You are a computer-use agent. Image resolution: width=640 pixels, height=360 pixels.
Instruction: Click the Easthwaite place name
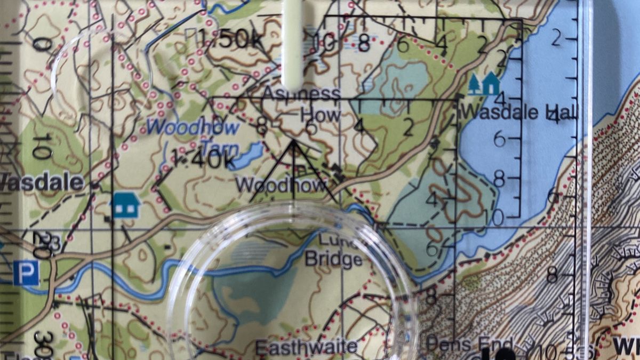click(x=306, y=347)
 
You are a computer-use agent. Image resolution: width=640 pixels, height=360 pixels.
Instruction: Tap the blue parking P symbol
click(x=26, y=273)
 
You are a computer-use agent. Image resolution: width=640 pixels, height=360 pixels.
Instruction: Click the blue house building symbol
click(x=126, y=205)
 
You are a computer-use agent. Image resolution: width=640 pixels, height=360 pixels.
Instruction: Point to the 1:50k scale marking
click(x=230, y=38)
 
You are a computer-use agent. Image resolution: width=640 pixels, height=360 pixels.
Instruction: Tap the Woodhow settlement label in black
click(x=281, y=185)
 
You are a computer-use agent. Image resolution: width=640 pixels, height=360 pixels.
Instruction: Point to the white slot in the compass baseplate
click(x=293, y=43)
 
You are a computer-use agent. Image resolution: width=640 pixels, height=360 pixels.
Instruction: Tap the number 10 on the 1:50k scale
click(x=325, y=43)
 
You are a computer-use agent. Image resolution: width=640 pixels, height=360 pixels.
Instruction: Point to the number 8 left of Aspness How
click(x=261, y=127)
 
